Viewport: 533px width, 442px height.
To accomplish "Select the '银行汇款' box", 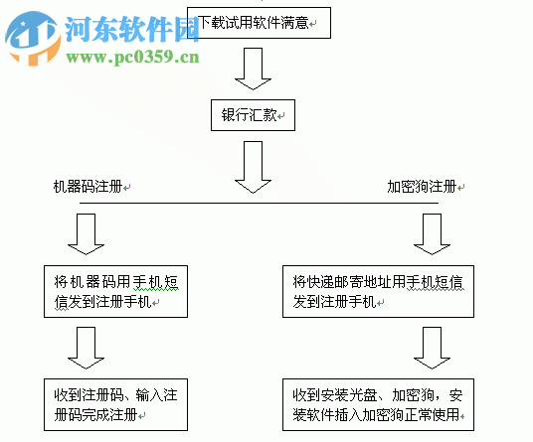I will (253, 115).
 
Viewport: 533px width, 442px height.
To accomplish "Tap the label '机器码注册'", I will (90, 186).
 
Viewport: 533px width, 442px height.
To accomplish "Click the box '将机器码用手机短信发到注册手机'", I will (116, 290).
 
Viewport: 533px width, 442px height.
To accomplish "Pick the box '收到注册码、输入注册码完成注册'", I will (116, 402).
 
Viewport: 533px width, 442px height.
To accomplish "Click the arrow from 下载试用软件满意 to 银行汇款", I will (253, 70).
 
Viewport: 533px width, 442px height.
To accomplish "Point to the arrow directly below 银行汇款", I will (253, 166).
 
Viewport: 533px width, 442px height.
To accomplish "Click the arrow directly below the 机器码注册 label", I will (90, 234).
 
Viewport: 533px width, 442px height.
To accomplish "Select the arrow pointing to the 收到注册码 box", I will (90, 347).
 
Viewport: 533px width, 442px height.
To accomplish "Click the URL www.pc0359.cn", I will (133, 58).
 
